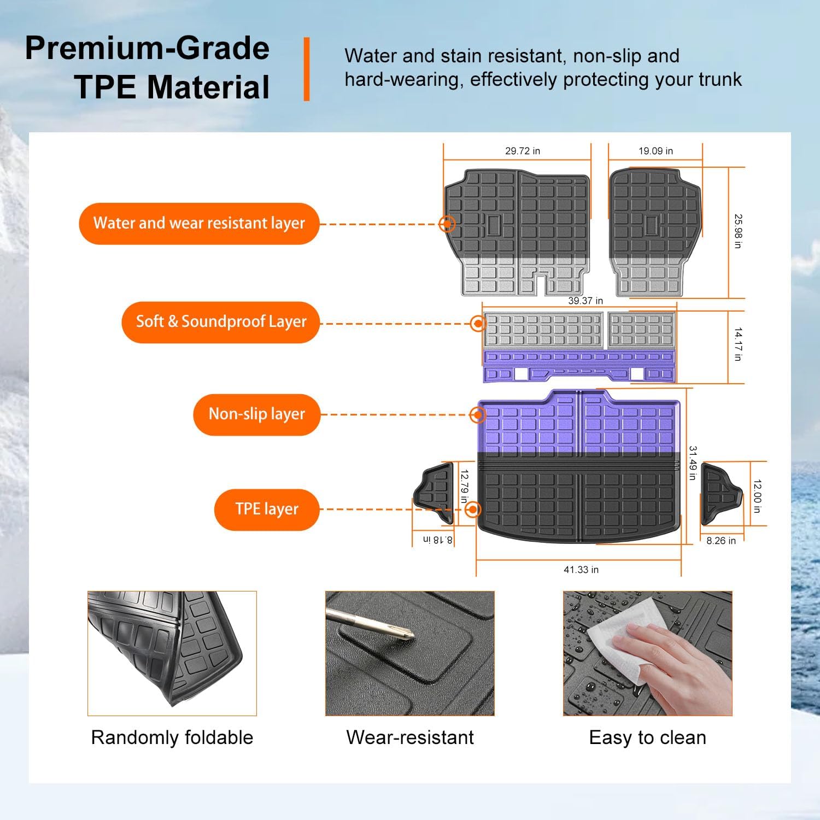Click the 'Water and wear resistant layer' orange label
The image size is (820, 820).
pos(199,224)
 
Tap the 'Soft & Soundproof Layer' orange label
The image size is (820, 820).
pos(220,322)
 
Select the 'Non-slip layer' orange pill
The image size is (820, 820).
pos(256,414)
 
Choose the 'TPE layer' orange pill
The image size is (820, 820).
pos(267,509)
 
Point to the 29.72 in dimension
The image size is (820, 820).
pos(522,151)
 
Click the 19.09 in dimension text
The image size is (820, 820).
pos(655,151)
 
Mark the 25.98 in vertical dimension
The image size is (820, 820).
pos(737,231)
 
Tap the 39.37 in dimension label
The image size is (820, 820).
pos(585,301)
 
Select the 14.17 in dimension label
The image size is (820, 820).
pos(737,344)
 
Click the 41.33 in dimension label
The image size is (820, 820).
pos(581,570)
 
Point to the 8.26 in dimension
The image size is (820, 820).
pos(721,541)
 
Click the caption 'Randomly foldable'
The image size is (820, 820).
pos(172,737)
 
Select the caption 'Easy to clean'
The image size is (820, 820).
pos(647,737)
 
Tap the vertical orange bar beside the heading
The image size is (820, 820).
pos(307,69)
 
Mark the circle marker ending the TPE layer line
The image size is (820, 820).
pos(473,509)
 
